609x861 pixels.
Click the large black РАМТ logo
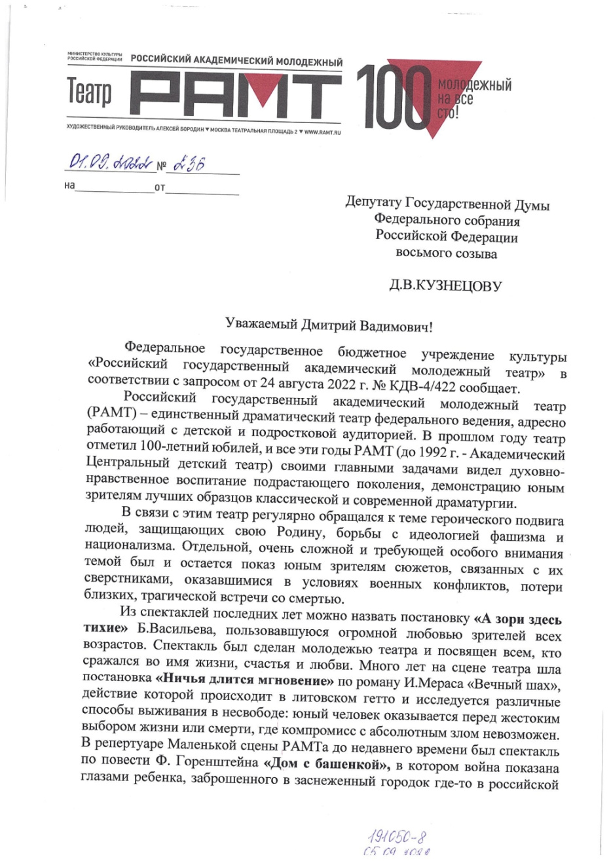point(236,93)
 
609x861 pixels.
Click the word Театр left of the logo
point(90,94)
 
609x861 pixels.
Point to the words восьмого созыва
point(446,253)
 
